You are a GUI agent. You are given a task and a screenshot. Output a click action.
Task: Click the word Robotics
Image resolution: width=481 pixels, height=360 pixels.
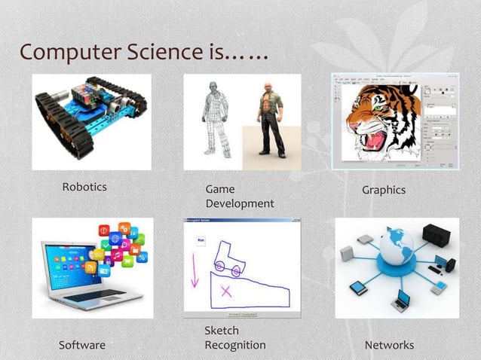[x=84, y=187]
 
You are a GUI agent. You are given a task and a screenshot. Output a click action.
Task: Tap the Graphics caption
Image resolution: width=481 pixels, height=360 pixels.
[x=383, y=190]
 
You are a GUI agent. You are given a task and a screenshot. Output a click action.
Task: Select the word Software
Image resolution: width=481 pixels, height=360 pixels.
[x=82, y=345]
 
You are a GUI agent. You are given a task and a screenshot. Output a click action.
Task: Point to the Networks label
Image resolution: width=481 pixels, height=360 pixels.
[x=389, y=345]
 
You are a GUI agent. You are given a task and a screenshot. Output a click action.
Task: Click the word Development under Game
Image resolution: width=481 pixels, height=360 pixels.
[x=240, y=203]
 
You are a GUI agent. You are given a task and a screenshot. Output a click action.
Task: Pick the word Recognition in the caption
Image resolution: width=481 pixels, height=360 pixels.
[x=235, y=345]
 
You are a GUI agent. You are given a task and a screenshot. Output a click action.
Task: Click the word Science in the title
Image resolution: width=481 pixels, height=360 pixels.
[x=170, y=53]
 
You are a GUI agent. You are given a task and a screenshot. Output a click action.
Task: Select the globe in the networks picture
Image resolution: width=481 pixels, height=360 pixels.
[x=396, y=245]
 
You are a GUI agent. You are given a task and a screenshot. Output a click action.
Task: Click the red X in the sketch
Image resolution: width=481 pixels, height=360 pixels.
[x=225, y=290]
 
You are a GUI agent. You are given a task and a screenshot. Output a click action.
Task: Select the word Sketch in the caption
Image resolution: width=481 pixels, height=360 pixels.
[x=222, y=331]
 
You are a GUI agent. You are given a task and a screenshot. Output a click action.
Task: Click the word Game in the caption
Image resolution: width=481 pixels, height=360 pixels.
[x=220, y=189]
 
